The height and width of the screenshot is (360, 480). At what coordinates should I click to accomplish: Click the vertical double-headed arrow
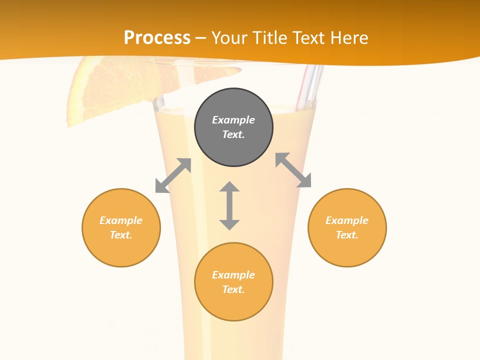point(229,205)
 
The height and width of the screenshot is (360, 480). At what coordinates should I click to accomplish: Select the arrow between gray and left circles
point(173,175)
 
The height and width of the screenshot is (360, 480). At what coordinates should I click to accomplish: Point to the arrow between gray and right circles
point(293,170)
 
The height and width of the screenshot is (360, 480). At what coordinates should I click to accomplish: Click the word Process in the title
point(157,38)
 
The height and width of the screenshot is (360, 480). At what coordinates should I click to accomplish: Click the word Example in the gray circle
point(233,120)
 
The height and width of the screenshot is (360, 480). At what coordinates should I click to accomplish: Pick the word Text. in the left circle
point(121,235)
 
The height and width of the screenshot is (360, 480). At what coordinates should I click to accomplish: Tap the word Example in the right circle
point(347,220)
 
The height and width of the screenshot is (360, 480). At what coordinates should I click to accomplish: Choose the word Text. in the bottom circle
point(233,289)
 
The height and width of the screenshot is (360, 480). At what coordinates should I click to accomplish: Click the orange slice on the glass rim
point(100,90)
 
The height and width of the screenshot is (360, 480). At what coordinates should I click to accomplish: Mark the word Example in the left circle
point(121,220)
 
